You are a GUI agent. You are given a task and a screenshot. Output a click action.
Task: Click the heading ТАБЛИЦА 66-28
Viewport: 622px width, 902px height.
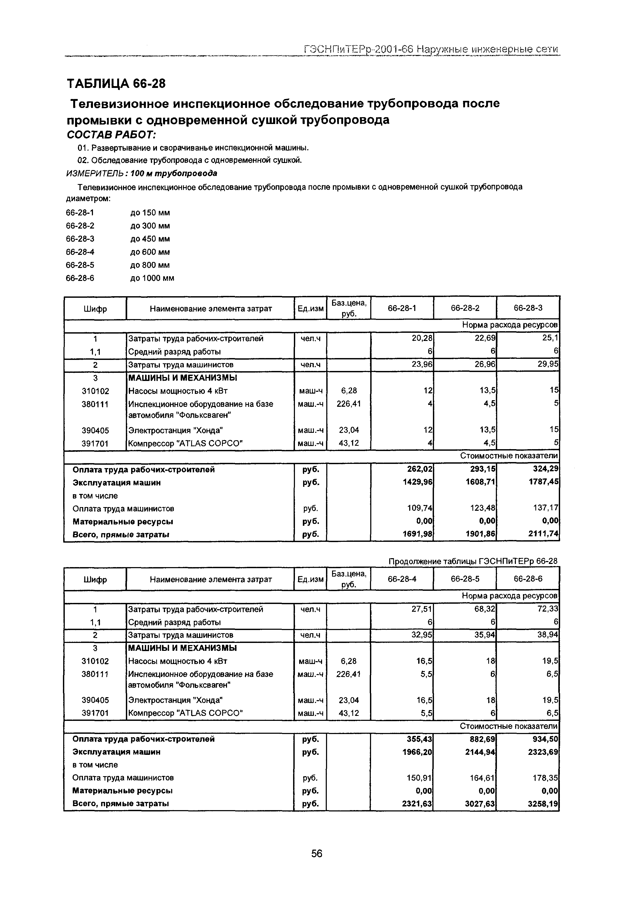tap(116, 83)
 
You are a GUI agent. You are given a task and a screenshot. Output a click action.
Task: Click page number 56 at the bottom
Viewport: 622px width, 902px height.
tap(317, 853)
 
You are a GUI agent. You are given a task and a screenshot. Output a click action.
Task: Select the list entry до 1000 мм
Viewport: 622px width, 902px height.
tap(152, 278)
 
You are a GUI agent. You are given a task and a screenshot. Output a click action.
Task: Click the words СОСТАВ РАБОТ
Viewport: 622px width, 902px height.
tap(111, 135)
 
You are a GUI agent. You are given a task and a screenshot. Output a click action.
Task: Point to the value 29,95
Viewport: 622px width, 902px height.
tap(547, 364)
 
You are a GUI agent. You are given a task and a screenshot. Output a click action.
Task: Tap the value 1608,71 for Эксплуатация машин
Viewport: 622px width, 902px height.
tap(481, 482)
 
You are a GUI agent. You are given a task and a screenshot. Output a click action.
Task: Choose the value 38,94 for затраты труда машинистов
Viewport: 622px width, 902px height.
tap(547, 635)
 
